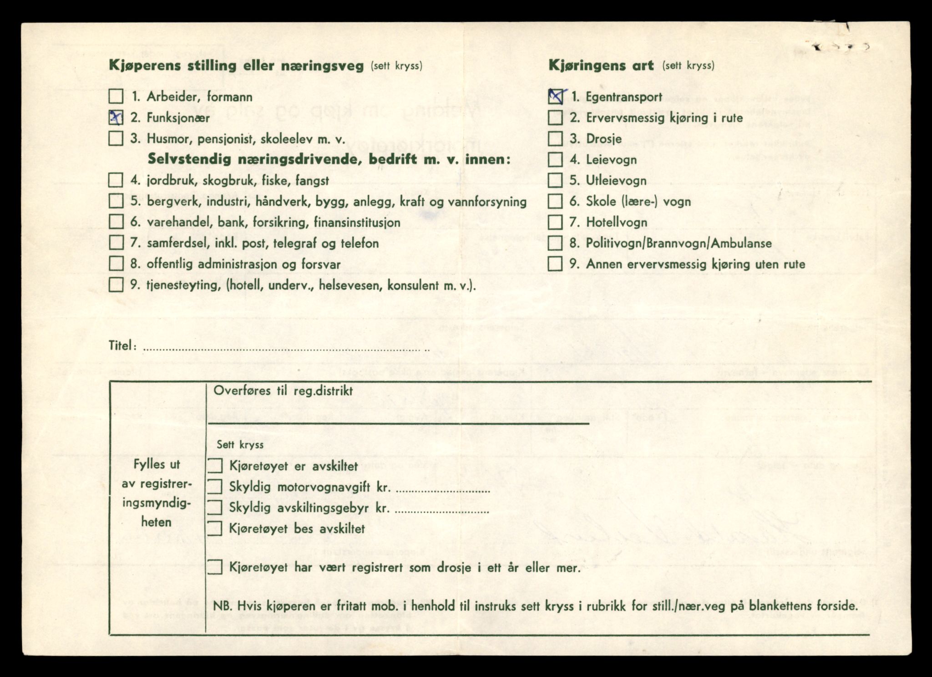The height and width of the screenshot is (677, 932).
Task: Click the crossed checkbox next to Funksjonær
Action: pyautogui.click(x=116, y=117)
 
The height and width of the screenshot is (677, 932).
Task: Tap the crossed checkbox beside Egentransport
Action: pyautogui.click(x=555, y=97)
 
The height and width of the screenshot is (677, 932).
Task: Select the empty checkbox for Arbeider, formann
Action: pyautogui.click(x=116, y=97)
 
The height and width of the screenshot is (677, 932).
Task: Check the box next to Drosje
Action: pyautogui.click(x=555, y=138)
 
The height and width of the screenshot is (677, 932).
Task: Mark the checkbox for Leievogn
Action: pyautogui.click(x=555, y=159)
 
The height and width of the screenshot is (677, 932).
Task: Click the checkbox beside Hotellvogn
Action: pyautogui.click(x=555, y=222)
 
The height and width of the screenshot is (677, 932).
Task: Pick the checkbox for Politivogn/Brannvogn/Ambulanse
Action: pyautogui.click(x=555, y=243)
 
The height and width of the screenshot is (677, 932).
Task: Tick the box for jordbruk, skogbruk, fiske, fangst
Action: pyautogui.click(x=116, y=180)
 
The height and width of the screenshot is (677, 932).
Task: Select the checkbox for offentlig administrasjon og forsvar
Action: pyautogui.click(x=116, y=264)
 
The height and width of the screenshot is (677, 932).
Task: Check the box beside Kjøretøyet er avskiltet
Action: pyautogui.click(x=215, y=466)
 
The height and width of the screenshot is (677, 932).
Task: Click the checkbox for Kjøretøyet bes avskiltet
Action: pyautogui.click(x=215, y=529)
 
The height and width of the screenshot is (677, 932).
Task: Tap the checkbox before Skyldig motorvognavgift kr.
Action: pyautogui.click(x=215, y=487)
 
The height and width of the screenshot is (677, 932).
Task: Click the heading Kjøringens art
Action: pyautogui.click(x=601, y=66)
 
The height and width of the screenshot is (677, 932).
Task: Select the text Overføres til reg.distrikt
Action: pyautogui.click(x=283, y=391)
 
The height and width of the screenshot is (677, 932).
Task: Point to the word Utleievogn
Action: pyautogui.click(x=616, y=181)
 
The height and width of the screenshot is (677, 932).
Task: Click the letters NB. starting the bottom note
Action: pyautogui.click(x=222, y=606)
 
